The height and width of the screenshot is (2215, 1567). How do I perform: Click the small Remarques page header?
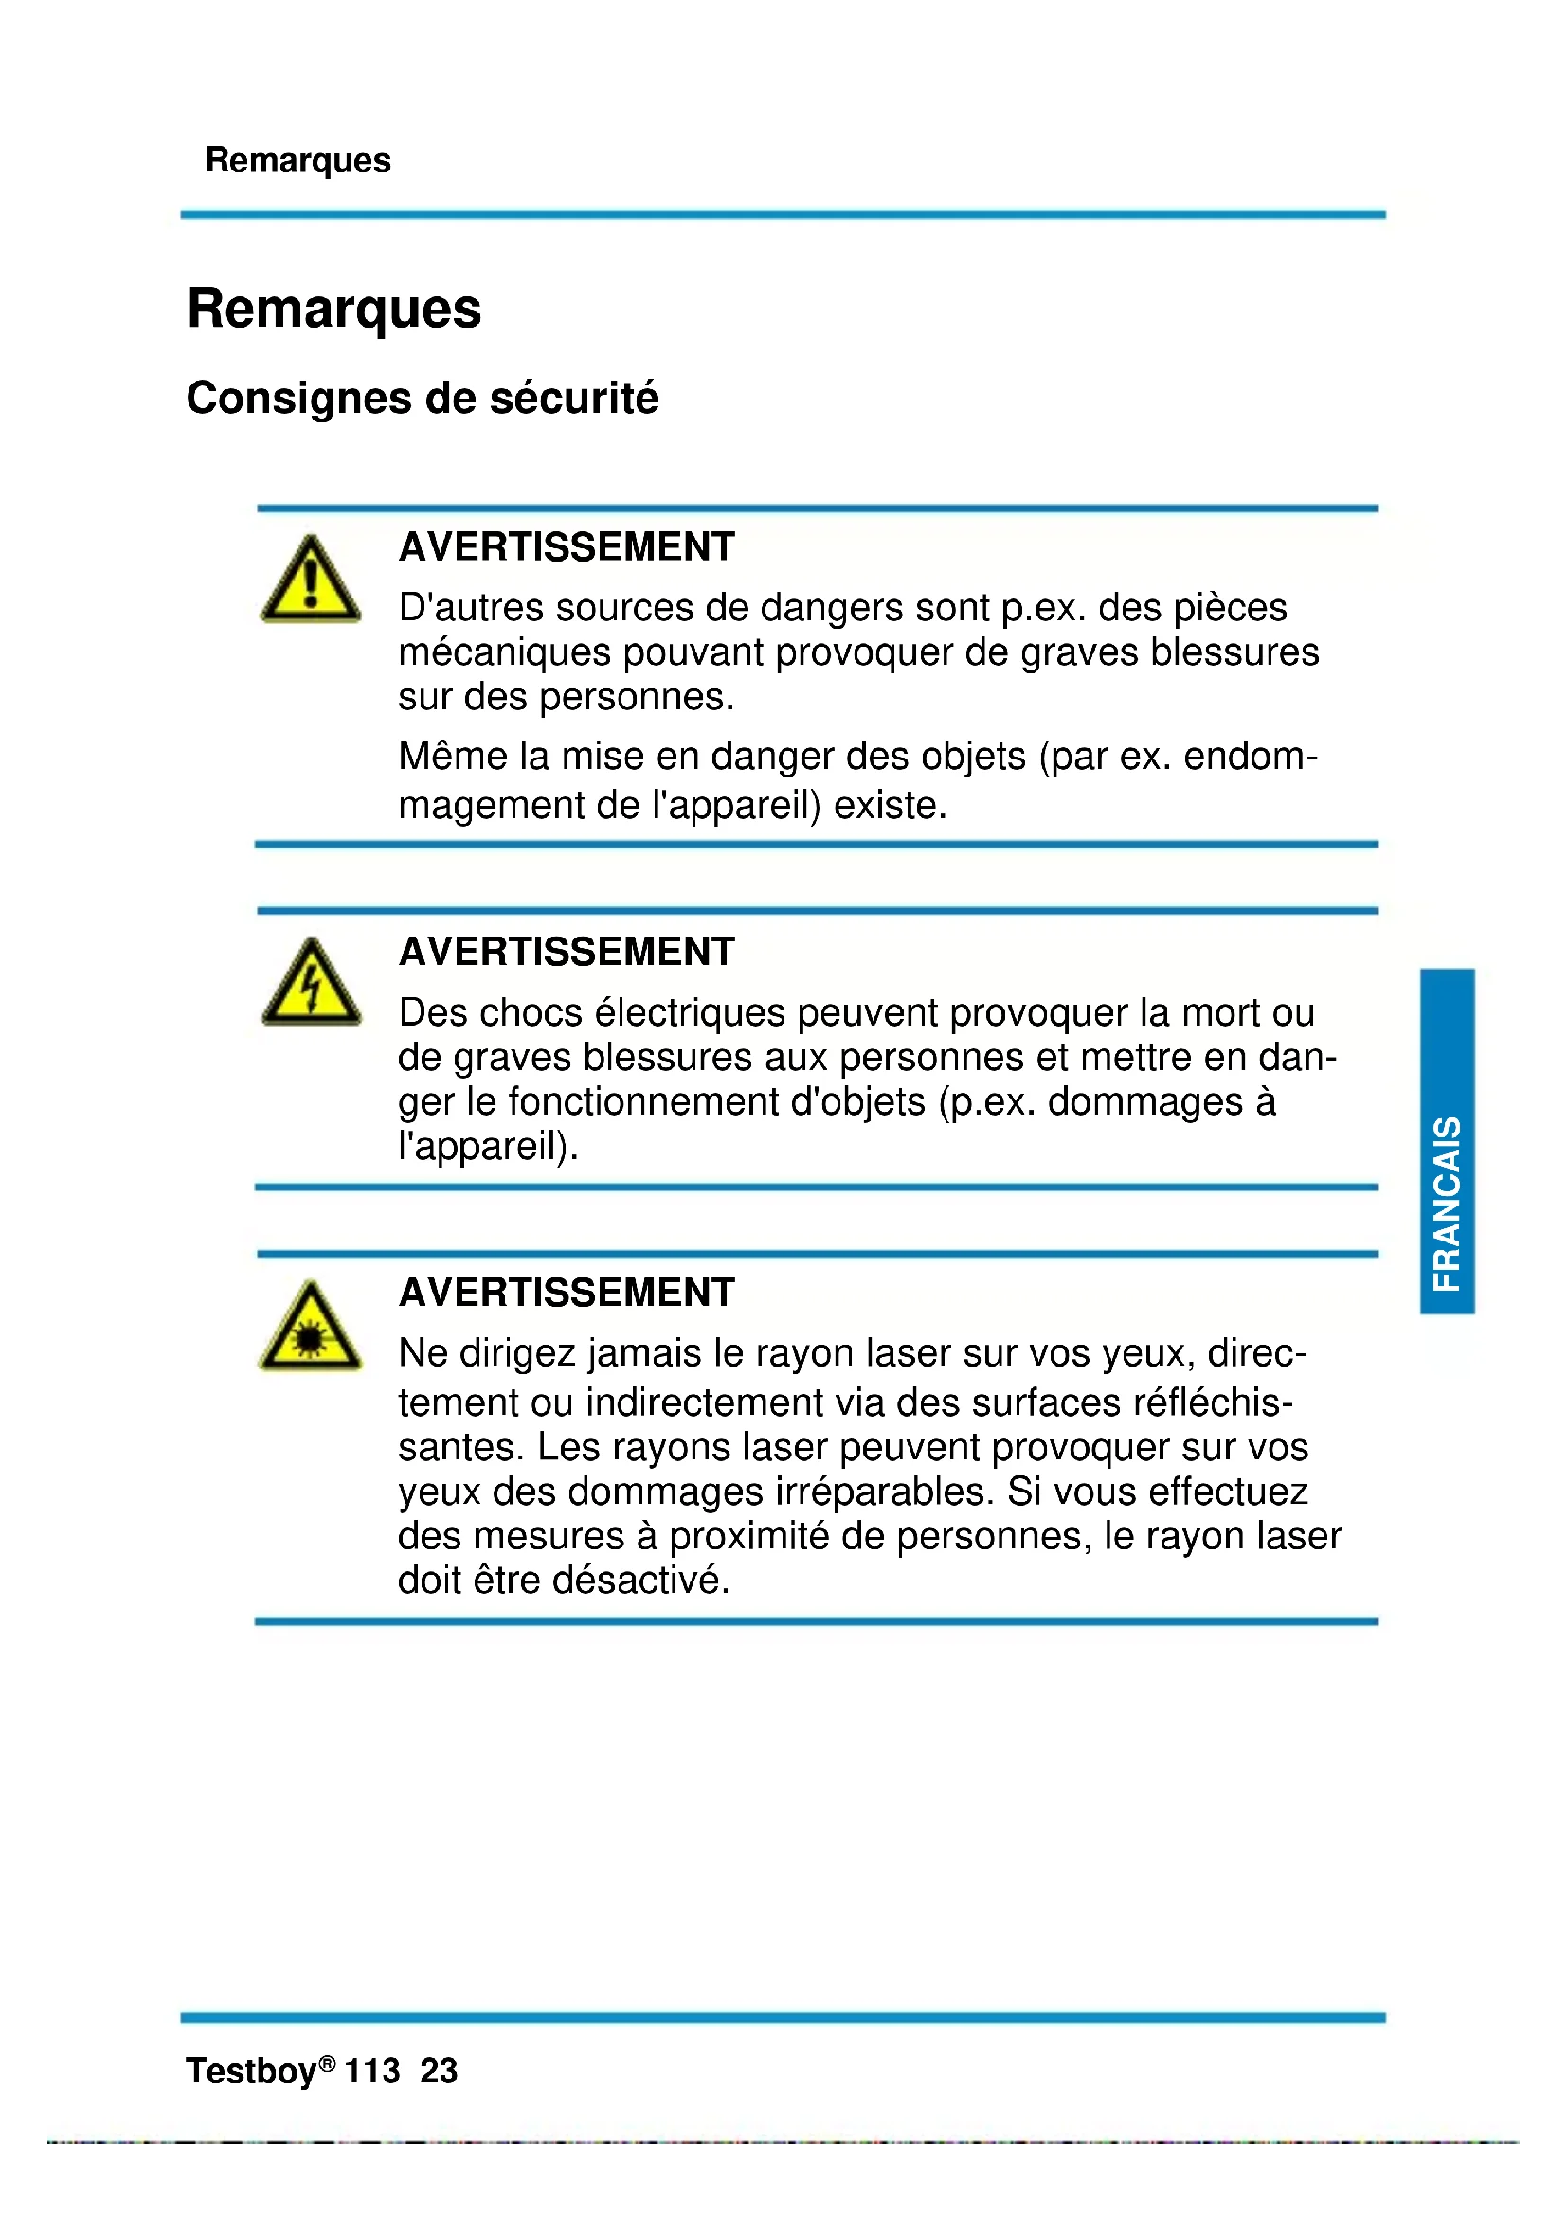coord(298,160)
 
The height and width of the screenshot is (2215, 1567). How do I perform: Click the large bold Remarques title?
coord(333,309)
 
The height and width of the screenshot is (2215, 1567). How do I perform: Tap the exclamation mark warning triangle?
coord(311,581)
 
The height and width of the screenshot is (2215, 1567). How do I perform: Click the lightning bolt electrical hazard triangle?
coord(311,984)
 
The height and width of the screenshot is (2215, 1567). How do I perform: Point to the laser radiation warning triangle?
coord(311,1329)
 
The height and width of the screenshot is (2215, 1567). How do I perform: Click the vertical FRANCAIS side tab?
coord(1447,1140)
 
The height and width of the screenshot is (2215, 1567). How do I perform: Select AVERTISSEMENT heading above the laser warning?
coord(567,1293)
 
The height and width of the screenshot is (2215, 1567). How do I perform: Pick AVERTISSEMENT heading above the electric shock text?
coord(567,952)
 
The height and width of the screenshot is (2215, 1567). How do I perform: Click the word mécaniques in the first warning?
coord(504,653)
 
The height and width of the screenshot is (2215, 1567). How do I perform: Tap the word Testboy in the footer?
coord(251,2071)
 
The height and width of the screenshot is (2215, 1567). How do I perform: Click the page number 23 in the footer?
coord(439,2071)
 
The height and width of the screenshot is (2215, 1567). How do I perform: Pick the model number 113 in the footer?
coord(371,2071)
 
